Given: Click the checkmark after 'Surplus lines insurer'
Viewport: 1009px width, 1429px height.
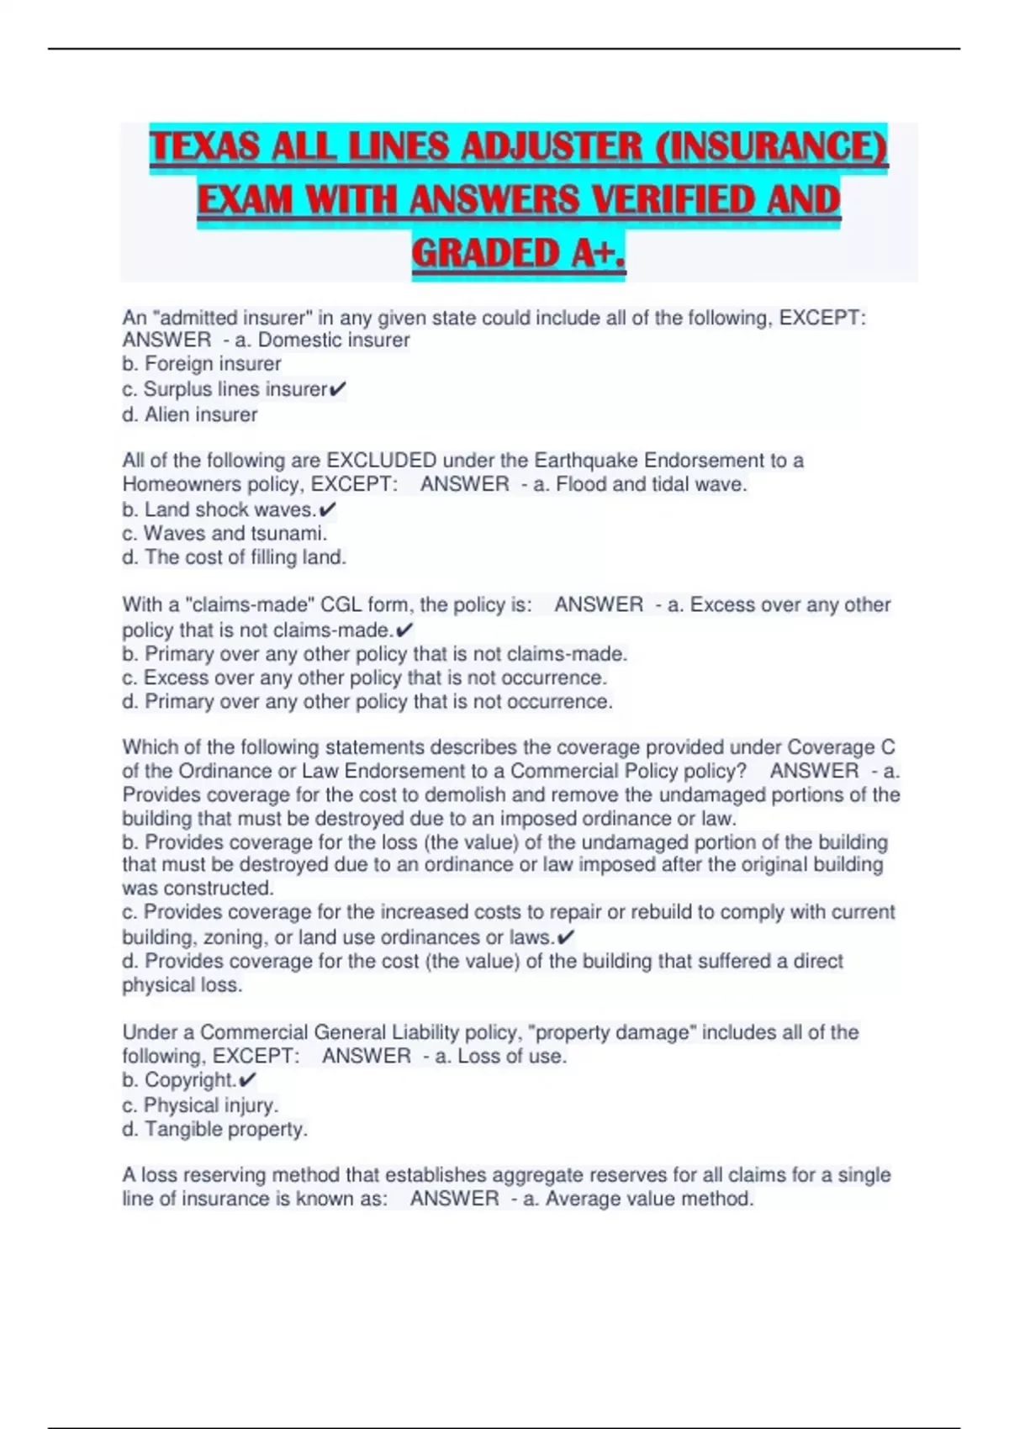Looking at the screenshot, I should click(337, 389).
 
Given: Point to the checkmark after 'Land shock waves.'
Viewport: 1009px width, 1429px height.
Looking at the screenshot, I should click(328, 509).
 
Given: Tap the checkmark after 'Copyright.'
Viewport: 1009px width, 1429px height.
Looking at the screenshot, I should click(247, 1080).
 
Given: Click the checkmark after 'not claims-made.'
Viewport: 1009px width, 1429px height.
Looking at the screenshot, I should click(404, 630).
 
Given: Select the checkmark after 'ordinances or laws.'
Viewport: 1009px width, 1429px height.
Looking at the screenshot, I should click(566, 937).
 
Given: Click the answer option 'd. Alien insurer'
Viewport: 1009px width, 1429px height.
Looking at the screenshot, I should click(190, 414).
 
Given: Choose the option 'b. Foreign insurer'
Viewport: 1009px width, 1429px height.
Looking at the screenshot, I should click(202, 364).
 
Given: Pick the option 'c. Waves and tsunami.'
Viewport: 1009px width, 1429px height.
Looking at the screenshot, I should click(225, 533).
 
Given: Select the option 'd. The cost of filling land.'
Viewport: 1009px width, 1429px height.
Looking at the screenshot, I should click(234, 556).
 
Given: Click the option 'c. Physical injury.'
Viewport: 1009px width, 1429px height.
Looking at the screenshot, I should click(200, 1105).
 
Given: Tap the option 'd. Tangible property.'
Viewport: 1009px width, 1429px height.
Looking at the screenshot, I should click(214, 1129).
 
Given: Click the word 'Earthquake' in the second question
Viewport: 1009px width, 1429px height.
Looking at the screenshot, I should click(582, 461).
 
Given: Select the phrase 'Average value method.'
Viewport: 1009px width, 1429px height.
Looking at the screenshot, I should click(649, 1199).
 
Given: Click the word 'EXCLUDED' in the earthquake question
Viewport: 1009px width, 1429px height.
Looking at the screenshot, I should click(381, 461).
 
